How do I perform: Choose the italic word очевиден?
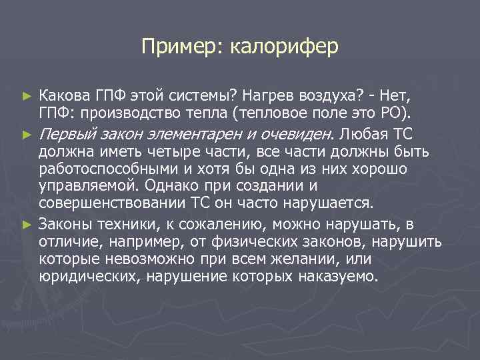tap(297, 133)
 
